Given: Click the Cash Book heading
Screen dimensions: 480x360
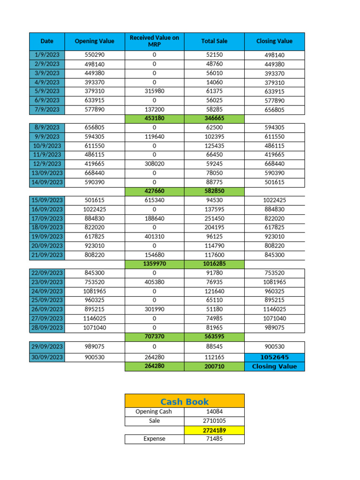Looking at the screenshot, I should click(x=184, y=401).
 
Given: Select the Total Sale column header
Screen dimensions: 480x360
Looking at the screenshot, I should click(x=214, y=41).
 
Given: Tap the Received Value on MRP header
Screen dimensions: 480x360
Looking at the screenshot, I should click(x=154, y=41).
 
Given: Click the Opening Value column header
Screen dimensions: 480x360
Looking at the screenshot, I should click(x=94, y=41).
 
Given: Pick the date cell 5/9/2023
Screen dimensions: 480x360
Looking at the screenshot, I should click(x=47, y=91).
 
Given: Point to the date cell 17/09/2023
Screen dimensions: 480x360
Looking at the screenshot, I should click(x=47, y=218).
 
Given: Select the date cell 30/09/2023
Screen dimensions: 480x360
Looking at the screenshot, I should click(x=47, y=357).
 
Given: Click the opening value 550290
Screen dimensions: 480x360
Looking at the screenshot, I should click(x=94, y=55).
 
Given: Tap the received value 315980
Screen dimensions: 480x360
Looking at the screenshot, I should click(x=154, y=91).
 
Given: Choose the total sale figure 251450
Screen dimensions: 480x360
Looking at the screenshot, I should click(x=214, y=218).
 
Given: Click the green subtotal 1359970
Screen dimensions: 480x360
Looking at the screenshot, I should click(x=154, y=264).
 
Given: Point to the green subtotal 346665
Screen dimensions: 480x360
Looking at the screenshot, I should click(x=214, y=119).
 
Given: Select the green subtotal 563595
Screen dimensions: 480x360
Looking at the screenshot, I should click(x=214, y=336).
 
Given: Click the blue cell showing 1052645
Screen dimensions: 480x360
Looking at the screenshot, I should click(x=274, y=357).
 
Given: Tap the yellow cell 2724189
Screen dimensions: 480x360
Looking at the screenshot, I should click(x=214, y=430).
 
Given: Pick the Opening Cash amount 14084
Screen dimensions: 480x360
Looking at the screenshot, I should click(x=214, y=412).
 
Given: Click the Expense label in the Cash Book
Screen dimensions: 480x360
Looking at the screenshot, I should click(x=154, y=439).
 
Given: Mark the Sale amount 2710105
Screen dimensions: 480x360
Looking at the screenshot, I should click(x=214, y=420).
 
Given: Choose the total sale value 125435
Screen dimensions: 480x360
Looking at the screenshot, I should click(x=214, y=146).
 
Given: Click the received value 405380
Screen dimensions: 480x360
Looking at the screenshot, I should click(x=154, y=282).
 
